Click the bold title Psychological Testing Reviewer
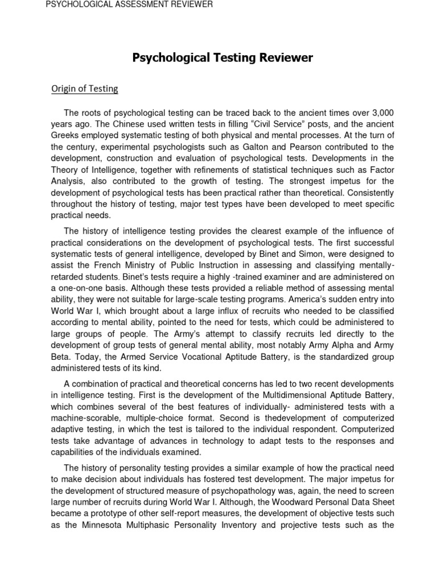222,58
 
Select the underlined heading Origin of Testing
85,89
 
